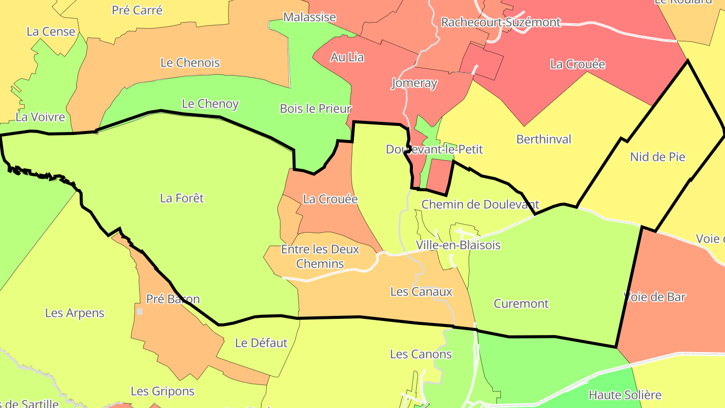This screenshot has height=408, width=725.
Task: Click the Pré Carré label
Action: pos(137,10)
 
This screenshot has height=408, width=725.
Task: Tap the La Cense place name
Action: pos(51,31)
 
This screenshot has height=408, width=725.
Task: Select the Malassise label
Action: pos(310,17)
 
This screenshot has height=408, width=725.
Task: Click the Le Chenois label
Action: pos(190,63)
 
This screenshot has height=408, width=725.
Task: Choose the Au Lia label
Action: pos(347,57)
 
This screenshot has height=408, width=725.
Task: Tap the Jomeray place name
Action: pos(414,83)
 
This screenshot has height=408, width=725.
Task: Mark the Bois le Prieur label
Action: pos(316,108)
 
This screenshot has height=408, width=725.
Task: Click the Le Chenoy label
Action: pos(210,104)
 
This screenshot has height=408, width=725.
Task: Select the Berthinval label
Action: pos(544,139)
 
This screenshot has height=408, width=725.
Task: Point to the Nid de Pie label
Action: pos(658,157)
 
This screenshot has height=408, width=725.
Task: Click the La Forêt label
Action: pos(182,198)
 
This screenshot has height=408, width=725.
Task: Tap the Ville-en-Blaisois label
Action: pos(458,245)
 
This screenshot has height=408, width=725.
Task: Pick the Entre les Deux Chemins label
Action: pos(320,256)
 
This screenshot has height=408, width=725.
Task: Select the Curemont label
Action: pos(521,304)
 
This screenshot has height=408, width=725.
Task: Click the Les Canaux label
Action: pos(421,292)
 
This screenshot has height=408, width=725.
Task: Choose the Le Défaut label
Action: pos(261,343)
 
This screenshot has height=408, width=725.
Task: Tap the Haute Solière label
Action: pos(625,395)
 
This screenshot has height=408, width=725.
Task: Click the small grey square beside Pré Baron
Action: pos(140,312)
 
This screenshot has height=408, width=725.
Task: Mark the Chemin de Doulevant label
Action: pos(480,205)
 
